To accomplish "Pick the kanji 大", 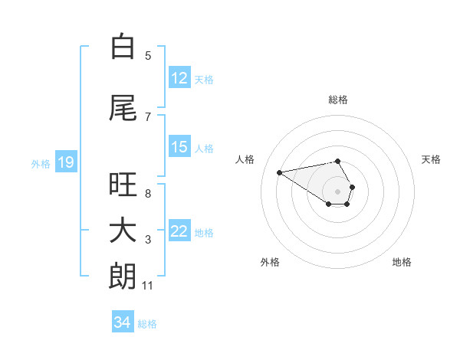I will click(123, 231).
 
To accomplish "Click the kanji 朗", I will click(123, 276).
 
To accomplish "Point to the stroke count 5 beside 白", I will click(148, 55).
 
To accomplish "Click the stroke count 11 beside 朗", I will click(148, 286).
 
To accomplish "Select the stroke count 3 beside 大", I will click(148, 240).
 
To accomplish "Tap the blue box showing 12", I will click(179, 78).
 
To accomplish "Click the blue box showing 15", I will click(179, 147).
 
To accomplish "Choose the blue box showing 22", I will click(179, 231).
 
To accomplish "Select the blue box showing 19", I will click(65, 162).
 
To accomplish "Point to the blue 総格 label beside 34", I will click(147, 324).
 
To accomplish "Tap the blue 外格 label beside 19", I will click(40, 163).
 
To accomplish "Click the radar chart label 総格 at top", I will click(337, 100).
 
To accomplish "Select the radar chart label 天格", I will click(432, 159).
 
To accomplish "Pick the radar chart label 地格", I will click(402, 262).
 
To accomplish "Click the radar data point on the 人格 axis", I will click(279, 172).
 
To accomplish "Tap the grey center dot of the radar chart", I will click(337, 191).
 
